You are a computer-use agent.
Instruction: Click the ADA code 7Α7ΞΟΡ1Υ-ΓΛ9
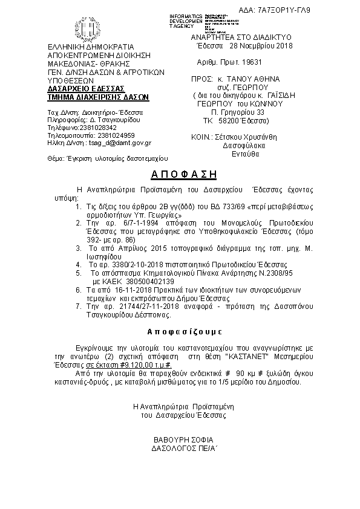(x=324, y=10)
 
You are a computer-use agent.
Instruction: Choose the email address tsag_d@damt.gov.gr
(x=120, y=143)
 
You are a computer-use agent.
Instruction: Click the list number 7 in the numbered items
(x=79, y=307)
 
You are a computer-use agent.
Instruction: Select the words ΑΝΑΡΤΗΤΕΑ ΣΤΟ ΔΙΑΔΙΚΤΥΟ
(x=241, y=37)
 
